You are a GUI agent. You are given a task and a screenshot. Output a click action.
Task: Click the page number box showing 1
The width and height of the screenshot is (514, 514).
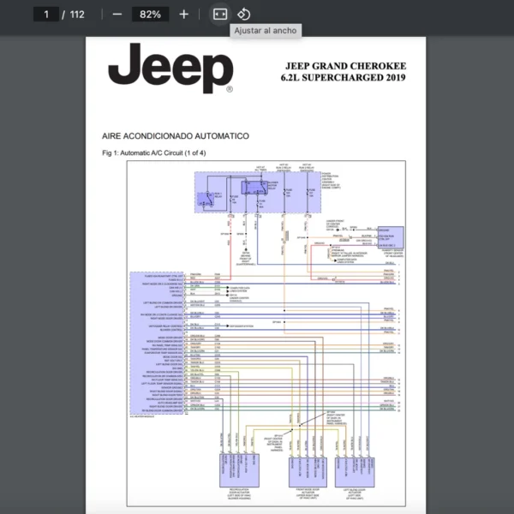pos(45,15)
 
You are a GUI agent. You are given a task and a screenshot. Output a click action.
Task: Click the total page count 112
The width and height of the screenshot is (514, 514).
pos(76,15)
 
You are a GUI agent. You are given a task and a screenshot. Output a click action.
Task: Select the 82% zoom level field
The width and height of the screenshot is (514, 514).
pos(150,15)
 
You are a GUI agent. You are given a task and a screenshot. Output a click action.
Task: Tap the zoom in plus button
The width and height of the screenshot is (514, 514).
pos(183,15)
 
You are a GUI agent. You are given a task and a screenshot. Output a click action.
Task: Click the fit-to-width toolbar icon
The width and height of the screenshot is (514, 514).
pos(219,15)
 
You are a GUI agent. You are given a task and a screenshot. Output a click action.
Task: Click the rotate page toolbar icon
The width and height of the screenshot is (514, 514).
pos(243,15)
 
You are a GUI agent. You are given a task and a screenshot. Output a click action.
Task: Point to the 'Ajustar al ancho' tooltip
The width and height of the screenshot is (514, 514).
pos(266,31)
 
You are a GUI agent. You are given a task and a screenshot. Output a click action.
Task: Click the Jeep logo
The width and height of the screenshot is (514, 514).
pos(170,69)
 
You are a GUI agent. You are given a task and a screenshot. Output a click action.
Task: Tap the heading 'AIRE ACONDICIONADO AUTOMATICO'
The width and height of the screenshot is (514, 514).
pos(175,136)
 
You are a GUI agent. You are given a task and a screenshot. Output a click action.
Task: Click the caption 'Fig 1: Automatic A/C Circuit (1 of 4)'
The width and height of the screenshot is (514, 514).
pos(153,152)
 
